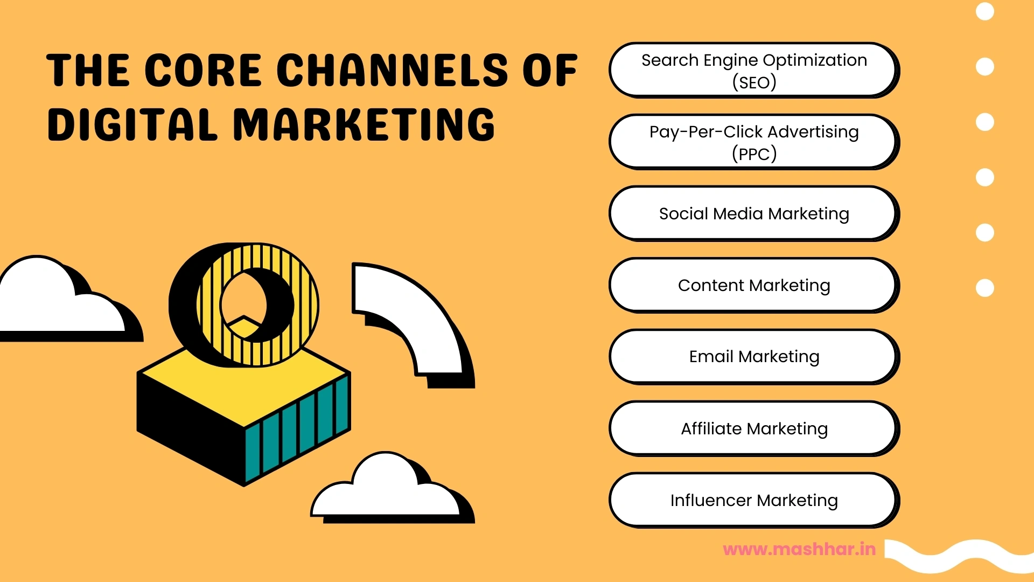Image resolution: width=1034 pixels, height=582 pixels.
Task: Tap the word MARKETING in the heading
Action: click(x=364, y=124)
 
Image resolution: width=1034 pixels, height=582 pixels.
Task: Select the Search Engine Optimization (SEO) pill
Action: click(x=753, y=70)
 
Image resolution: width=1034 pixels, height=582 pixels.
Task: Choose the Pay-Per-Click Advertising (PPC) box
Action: click(x=753, y=142)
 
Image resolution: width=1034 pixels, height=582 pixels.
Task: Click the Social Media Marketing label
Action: click(x=753, y=213)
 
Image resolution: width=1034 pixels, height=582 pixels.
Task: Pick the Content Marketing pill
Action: click(x=753, y=285)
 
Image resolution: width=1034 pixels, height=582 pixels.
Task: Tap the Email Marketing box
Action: click(x=753, y=357)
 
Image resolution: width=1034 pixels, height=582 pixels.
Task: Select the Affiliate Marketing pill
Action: click(x=753, y=428)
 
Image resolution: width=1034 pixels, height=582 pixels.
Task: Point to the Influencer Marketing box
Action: click(x=753, y=500)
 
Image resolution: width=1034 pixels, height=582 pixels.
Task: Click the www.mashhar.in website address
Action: click(x=799, y=549)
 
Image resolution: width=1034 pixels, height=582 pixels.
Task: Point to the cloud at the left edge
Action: click(x=48, y=302)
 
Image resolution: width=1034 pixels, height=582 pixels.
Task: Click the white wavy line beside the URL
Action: click(x=959, y=555)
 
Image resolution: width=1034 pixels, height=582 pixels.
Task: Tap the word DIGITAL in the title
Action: click(x=132, y=124)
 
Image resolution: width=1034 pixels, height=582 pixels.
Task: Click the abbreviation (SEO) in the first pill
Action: click(x=754, y=82)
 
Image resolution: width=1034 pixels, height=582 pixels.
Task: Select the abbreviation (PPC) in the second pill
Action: click(x=754, y=154)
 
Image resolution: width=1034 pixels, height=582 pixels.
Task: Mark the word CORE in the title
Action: click(x=203, y=71)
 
